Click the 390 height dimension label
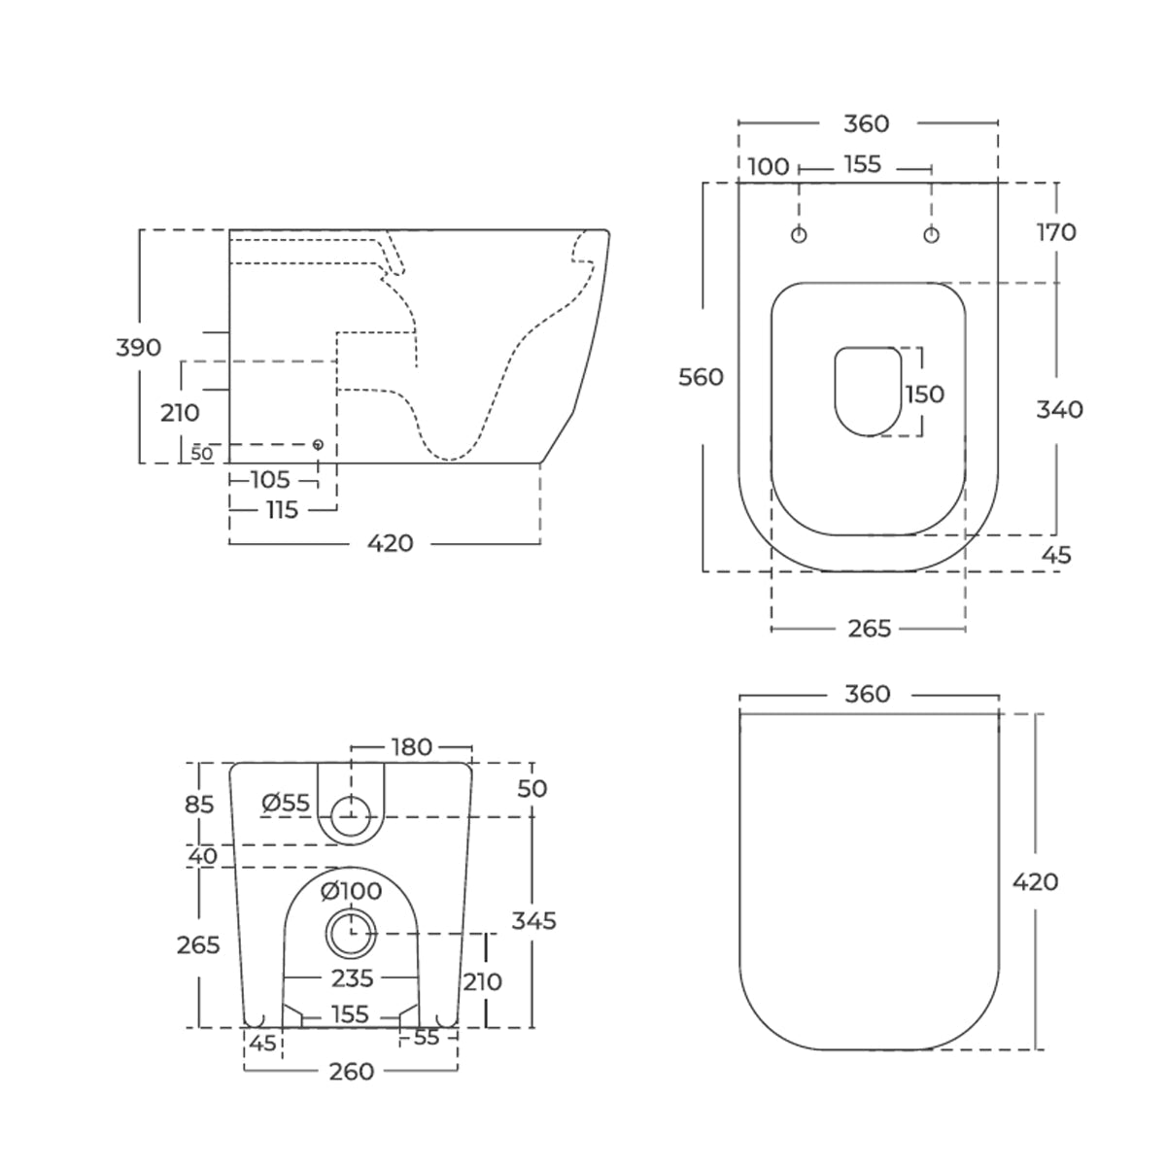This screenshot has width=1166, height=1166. coord(139,348)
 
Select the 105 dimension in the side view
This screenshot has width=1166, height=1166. coord(270,480)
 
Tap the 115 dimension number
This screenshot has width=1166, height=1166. coord(283,510)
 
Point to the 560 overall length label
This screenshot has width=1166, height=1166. coord(701,378)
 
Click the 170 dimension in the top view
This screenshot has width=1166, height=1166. coord(1056,232)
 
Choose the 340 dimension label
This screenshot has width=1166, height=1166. coord(1059,410)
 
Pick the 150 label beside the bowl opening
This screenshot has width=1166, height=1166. coord(925,394)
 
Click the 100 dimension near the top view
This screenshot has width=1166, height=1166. coord(769,166)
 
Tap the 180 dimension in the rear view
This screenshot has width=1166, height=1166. coord(411,747)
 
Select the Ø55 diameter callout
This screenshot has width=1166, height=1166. coord(286,803)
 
